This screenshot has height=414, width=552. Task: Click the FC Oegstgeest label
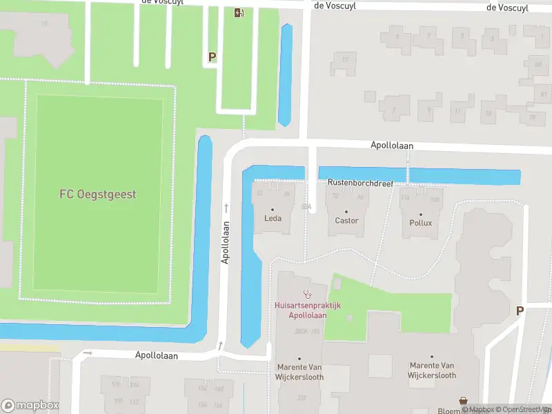click(97, 194)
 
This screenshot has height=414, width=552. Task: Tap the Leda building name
click(273, 219)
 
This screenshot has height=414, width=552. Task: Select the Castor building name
click(346, 221)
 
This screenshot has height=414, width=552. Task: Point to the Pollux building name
click(421, 223)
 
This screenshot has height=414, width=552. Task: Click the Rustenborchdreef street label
click(360, 184)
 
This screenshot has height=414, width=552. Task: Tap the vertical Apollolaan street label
click(225, 242)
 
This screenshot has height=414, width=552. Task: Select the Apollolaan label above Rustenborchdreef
click(391, 146)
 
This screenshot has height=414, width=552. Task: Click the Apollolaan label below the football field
click(157, 356)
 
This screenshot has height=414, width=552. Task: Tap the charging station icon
click(238, 12)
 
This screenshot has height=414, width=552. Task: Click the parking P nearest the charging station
click(212, 57)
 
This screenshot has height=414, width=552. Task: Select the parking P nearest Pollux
click(520, 311)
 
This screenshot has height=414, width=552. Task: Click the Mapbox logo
click(29, 405)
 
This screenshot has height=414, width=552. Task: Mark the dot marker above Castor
click(346, 211)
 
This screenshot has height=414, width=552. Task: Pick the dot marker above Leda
click(273, 210)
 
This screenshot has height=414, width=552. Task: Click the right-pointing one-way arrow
click(88, 353)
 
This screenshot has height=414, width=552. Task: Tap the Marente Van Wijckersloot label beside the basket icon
click(433, 371)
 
